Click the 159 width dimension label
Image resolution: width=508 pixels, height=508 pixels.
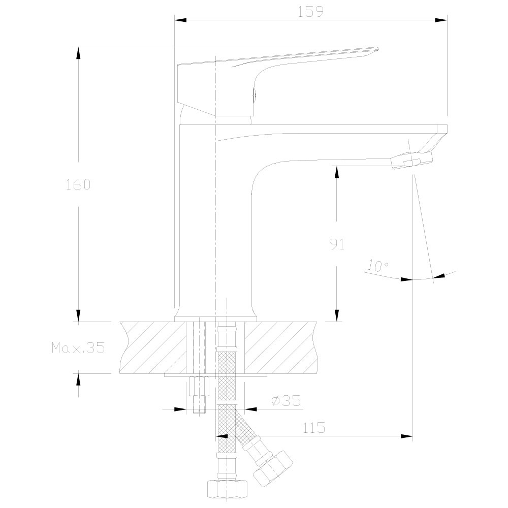click(310, 12)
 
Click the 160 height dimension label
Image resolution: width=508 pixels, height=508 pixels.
click(78, 184)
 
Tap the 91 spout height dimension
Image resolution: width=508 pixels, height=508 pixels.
click(337, 244)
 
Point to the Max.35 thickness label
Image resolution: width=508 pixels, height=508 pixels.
click(78, 347)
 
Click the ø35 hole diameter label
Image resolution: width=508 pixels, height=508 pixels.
click(286, 401)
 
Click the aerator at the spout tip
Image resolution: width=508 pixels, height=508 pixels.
click(411, 161)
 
